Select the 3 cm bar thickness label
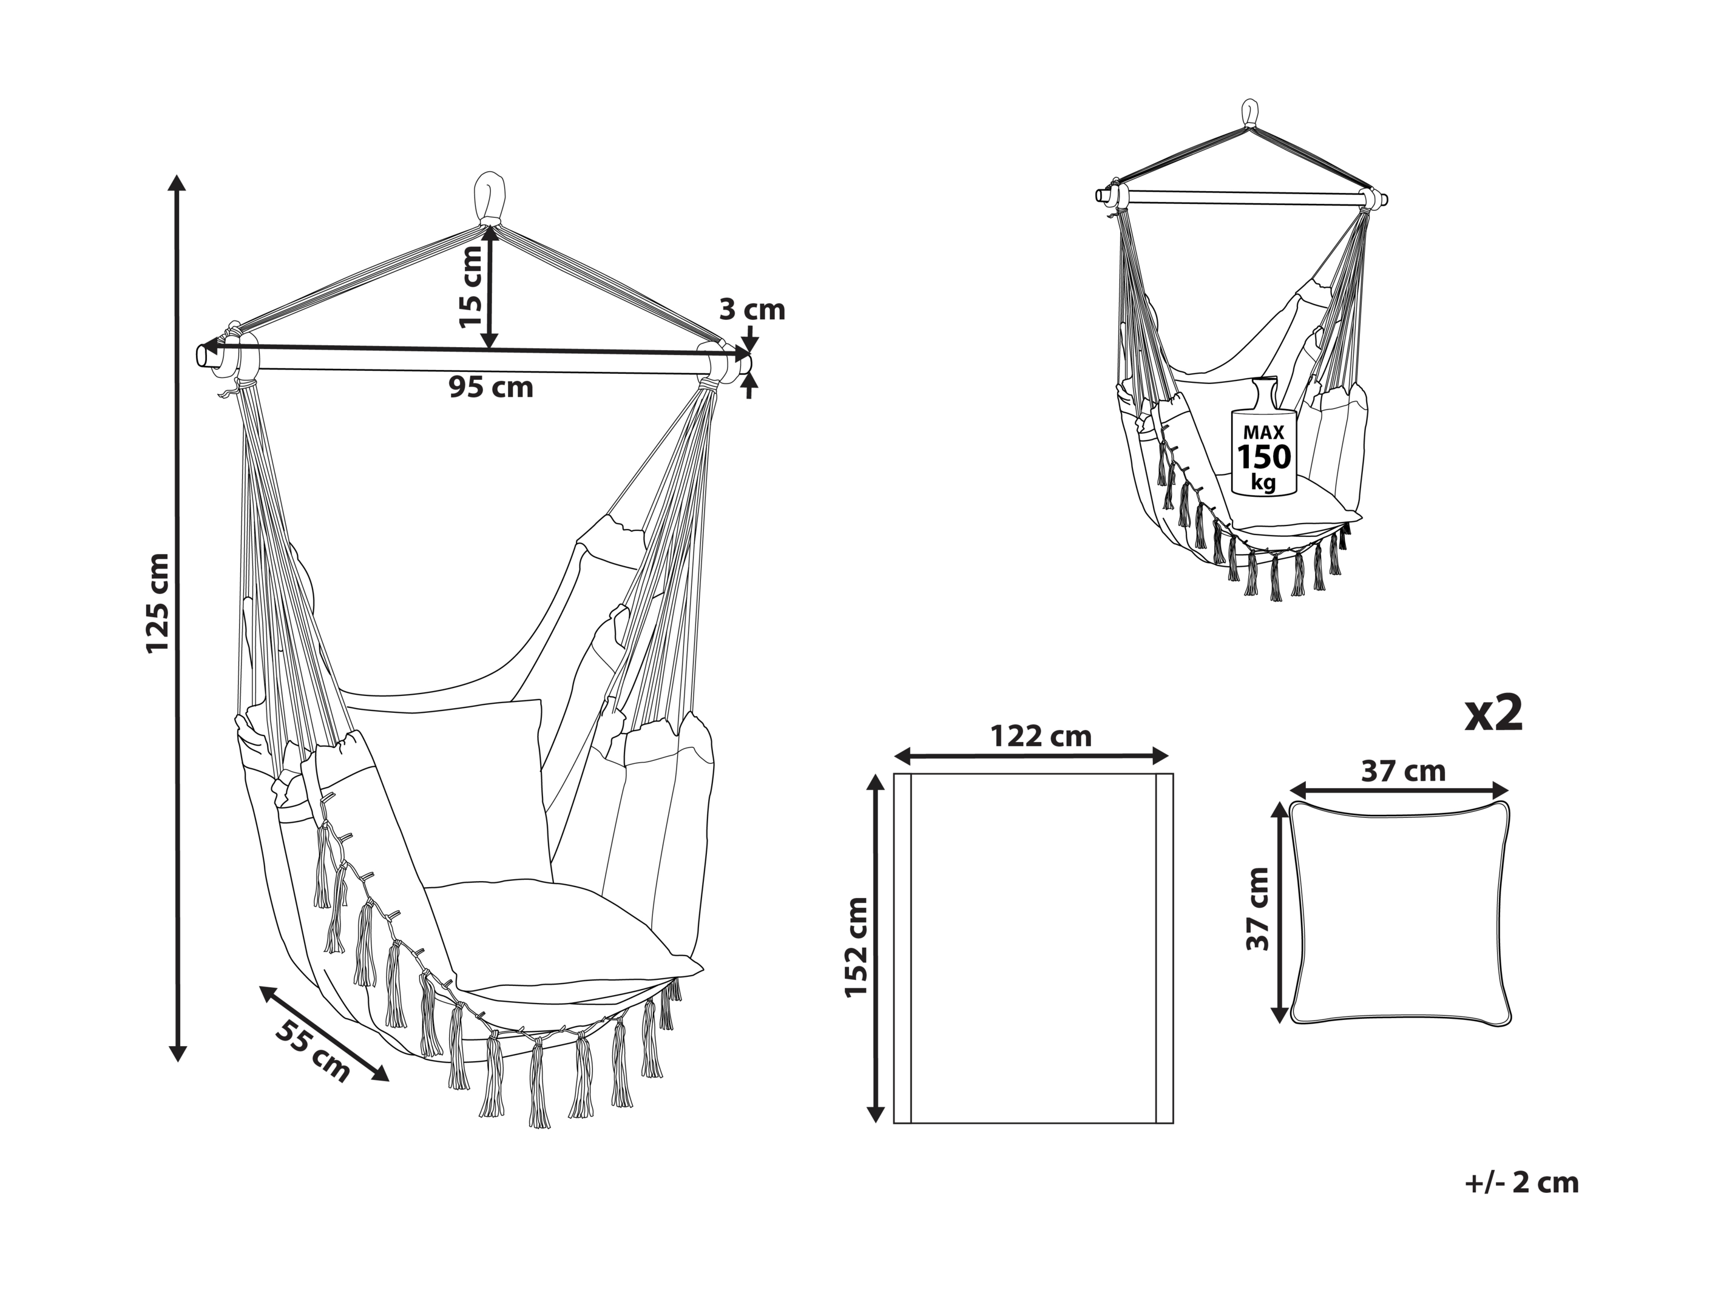coord(751,309)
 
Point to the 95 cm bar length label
coord(491,387)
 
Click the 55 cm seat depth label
coord(313,1050)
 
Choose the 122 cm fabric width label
coord(1041,737)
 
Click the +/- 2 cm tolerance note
coord(1521,1183)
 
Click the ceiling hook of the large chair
coord(490,197)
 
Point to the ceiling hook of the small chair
coord(1249,115)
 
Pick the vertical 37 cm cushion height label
coord(1257,909)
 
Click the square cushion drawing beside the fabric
coord(1401,913)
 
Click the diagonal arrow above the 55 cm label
coord(323,1033)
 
